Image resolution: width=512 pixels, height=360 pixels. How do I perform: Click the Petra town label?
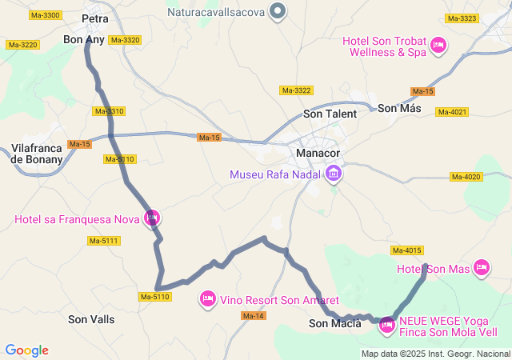[x=95, y=18]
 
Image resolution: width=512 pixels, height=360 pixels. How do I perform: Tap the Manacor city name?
[x=318, y=153]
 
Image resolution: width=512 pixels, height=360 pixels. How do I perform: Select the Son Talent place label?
[x=330, y=114]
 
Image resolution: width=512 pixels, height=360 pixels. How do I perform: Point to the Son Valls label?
[x=91, y=319]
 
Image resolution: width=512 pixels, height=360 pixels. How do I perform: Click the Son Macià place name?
[x=334, y=323]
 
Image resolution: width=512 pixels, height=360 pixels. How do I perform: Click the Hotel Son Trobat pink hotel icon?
[x=438, y=46]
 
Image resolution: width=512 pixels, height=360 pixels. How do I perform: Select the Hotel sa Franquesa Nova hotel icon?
[x=152, y=218]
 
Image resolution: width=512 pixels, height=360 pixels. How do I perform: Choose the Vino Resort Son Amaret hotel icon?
[x=207, y=298]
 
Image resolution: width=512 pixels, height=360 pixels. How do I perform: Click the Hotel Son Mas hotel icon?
[x=481, y=268]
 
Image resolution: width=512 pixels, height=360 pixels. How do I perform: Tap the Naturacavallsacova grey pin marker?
[x=278, y=11]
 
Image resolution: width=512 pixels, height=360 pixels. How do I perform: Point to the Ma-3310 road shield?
[x=110, y=111]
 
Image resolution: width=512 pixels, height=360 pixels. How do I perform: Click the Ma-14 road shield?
[x=252, y=316]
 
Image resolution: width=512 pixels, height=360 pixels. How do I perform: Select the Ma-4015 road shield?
[x=407, y=250]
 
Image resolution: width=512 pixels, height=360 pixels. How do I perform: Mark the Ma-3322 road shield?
[x=296, y=90]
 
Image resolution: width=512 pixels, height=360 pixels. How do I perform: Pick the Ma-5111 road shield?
[x=103, y=241]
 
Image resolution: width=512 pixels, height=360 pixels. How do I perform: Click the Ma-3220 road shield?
[x=22, y=45]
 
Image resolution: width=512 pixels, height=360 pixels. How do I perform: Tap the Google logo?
[x=26, y=350]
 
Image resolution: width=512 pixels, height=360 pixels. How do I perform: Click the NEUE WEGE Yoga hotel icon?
[x=387, y=325]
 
